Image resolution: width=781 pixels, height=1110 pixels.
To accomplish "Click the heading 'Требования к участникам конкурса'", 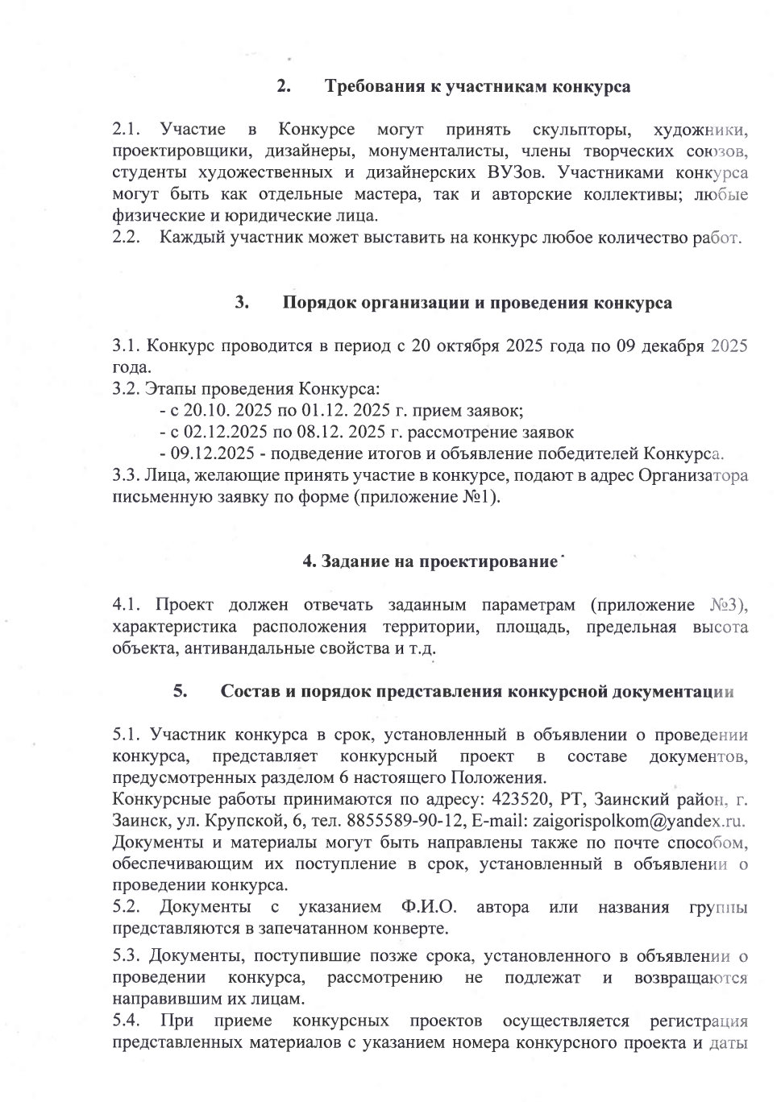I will [477, 87].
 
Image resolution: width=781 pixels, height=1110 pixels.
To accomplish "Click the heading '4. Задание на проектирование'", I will [430, 561].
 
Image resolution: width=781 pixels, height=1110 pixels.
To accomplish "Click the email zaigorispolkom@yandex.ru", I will [636, 820].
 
